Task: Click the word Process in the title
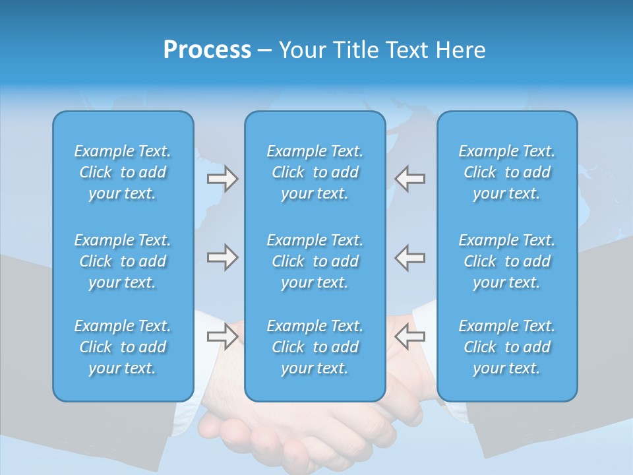click(x=207, y=50)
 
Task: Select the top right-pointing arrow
click(x=222, y=179)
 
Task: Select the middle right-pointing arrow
click(x=222, y=257)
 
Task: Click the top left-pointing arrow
click(x=410, y=179)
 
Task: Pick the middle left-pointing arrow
click(x=410, y=257)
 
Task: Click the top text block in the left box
click(x=123, y=172)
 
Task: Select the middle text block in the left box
click(x=123, y=261)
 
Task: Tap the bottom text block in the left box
click(x=123, y=347)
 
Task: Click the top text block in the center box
click(x=315, y=172)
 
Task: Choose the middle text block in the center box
click(x=315, y=261)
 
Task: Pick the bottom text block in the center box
click(x=315, y=347)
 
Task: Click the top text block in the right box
click(x=506, y=172)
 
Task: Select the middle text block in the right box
click(x=506, y=261)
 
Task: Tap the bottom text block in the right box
click(x=506, y=347)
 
